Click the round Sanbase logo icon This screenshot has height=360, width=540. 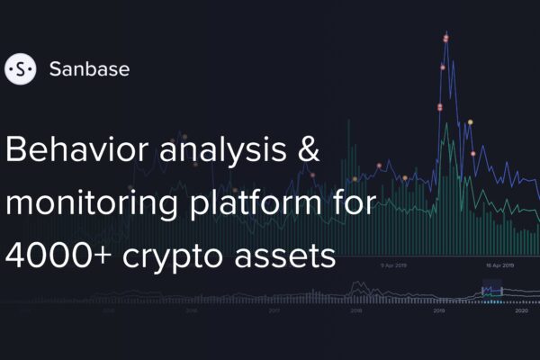pos(20,68)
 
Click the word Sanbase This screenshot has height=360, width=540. pos(89,69)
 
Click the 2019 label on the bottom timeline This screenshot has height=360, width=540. pos(439,310)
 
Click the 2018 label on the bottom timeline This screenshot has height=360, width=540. pos(356,310)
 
